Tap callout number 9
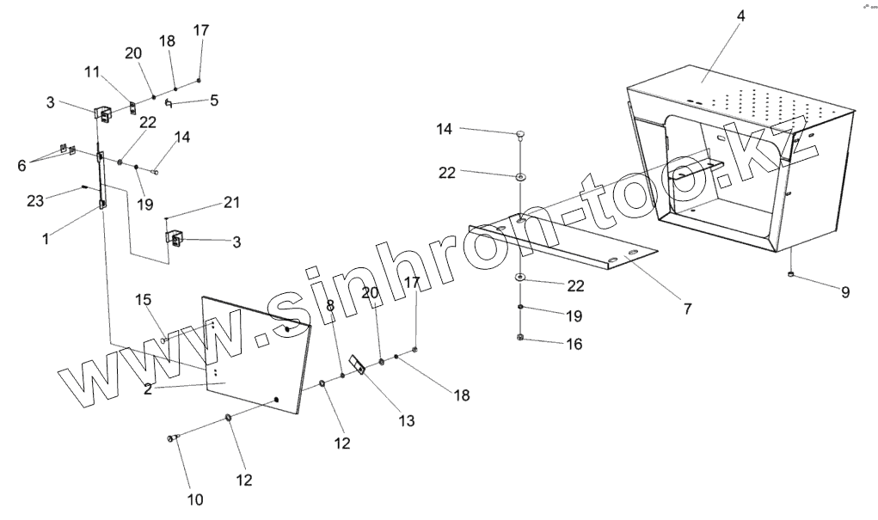click(845, 292)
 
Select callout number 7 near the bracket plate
click(687, 308)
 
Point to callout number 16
click(574, 344)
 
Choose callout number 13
click(406, 421)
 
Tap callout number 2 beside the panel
click(148, 389)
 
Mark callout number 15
click(144, 300)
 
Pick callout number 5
click(214, 100)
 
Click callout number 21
click(231, 203)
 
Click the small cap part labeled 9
click(790, 274)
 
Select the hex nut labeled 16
click(521, 337)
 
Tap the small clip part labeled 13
click(358, 365)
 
